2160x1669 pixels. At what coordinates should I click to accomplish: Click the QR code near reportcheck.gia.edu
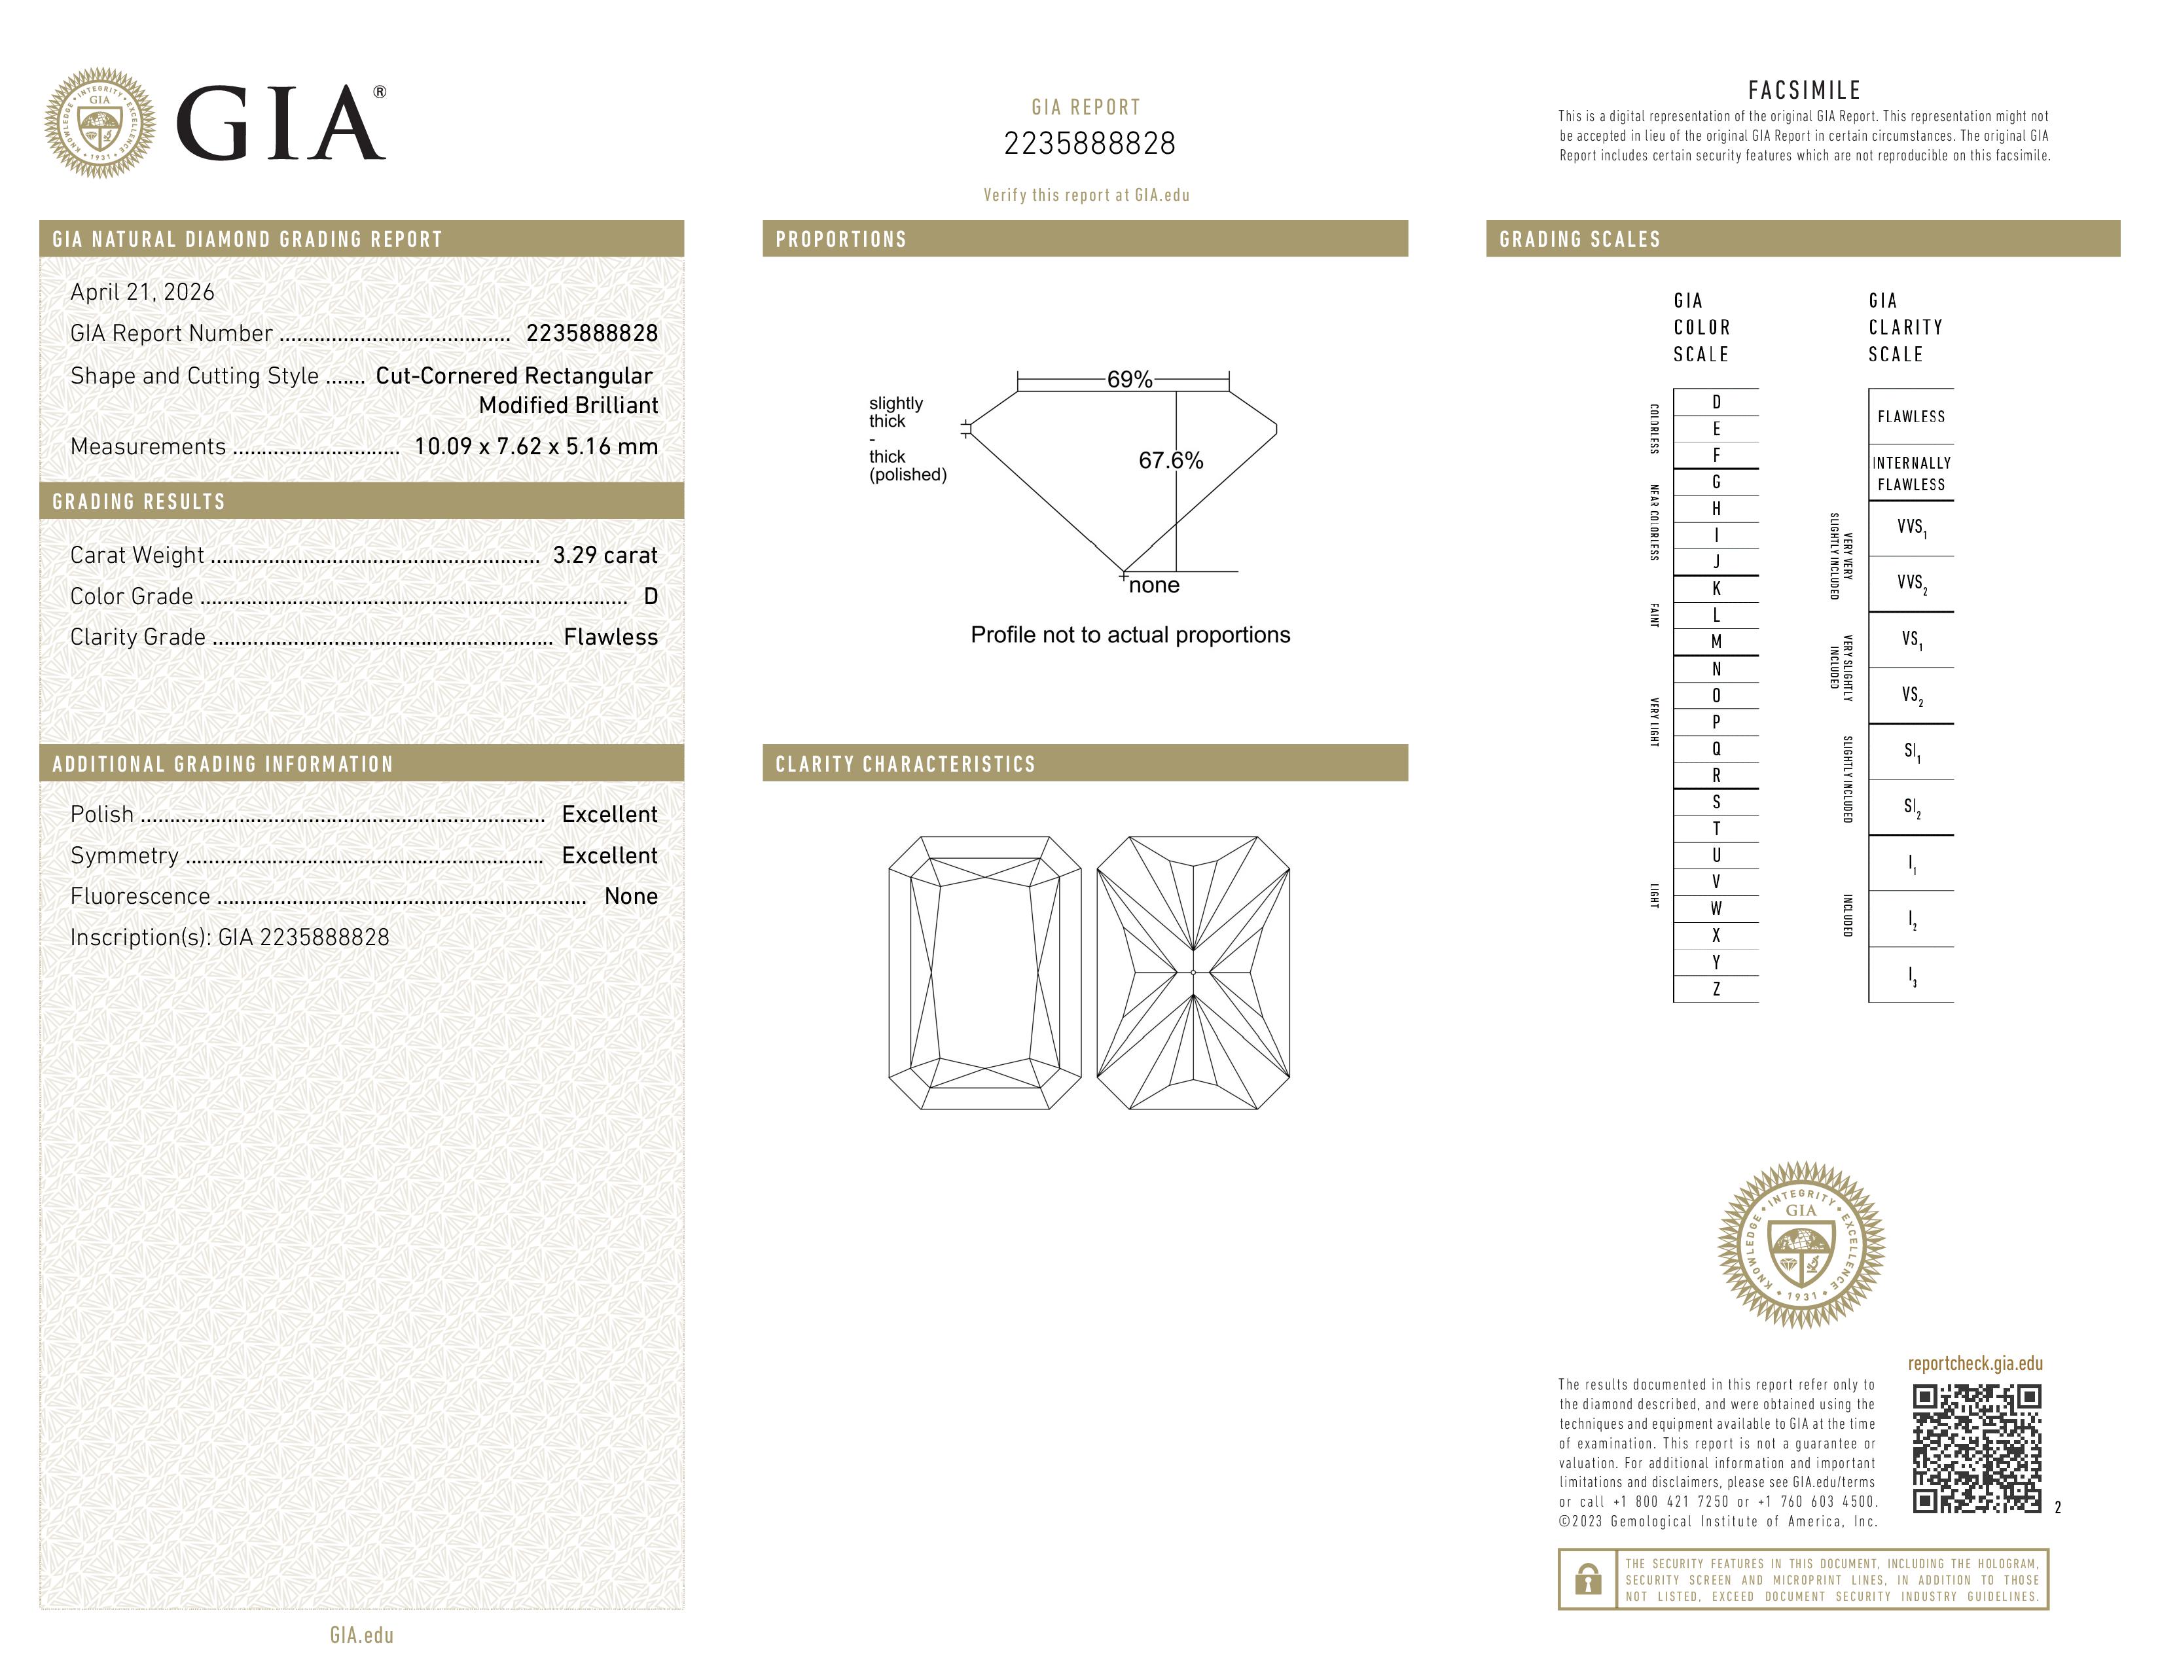(x=1976, y=1448)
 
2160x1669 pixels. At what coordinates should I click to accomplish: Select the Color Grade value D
(x=650, y=596)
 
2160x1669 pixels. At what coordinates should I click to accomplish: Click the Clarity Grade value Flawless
(x=610, y=637)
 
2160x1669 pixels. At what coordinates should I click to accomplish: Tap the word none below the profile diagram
(x=1153, y=585)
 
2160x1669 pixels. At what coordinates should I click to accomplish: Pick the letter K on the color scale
(x=1716, y=588)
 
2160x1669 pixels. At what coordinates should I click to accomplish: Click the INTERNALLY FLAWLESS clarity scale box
(x=1911, y=473)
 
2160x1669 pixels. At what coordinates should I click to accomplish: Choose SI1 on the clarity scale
(x=1911, y=751)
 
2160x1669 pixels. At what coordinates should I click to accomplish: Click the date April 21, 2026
(x=143, y=292)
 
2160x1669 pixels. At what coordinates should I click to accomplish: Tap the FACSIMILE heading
(x=1804, y=90)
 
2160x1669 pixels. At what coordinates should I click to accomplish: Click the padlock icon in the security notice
(x=1587, y=1579)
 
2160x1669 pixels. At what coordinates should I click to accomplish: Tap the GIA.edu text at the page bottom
(x=361, y=1634)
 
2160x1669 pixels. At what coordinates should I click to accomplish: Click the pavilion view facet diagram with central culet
(x=1193, y=973)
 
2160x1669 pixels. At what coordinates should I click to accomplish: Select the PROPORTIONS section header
(x=840, y=240)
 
